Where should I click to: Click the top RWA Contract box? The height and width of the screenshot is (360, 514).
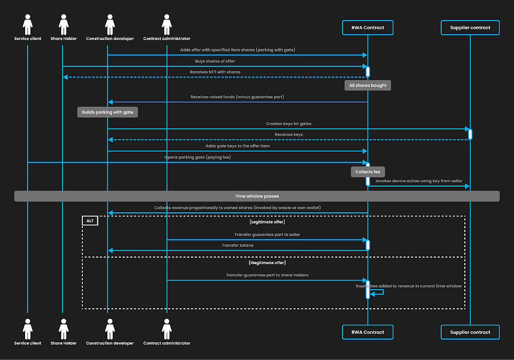point(367,28)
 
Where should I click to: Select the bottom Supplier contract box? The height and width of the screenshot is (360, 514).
point(470,332)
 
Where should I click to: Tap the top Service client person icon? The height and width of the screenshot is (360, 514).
point(28,25)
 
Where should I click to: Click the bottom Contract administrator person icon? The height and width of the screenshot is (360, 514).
point(167,329)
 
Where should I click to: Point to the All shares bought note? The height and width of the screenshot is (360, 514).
point(367,85)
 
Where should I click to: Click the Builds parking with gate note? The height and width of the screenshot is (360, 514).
point(107,112)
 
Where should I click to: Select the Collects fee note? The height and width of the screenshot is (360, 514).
point(368,172)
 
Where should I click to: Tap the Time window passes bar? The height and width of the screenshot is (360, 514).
point(257,196)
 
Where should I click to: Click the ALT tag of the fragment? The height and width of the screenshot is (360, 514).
point(90,220)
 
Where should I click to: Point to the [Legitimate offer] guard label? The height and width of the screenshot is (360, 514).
point(267,222)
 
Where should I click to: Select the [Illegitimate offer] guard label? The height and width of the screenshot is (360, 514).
point(267,263)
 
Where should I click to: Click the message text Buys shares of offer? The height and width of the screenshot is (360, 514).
point(215,61)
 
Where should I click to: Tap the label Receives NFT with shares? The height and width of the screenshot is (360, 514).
point(215,72)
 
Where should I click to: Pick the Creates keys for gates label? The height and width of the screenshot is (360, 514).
point(289,124)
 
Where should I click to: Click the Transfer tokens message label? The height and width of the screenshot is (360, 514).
point(237,245)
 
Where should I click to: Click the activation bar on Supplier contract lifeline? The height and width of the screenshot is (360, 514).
point(470,134)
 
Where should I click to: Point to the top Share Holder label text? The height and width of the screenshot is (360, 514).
point(64,38)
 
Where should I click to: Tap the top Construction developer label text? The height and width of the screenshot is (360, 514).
point(110,38)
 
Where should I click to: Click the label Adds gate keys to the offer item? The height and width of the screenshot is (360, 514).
point(237,146)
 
